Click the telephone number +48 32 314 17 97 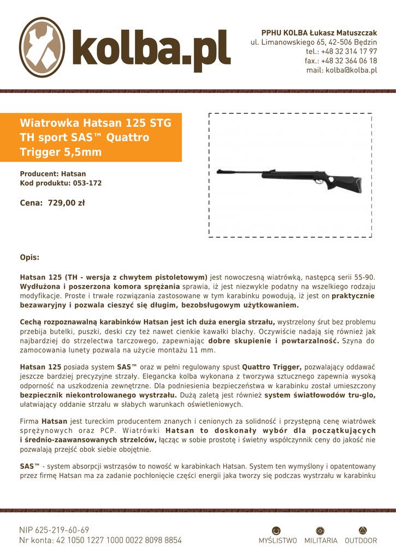click(x=341, y=51)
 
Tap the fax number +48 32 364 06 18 click(x=341, y=61)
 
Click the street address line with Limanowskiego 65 click(x=314, y=42)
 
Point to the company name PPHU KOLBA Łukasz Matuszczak click(x=319, y=33)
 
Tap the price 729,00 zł click(x=66, y=203)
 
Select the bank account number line click(x=100, y=540)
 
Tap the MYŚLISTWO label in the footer click(x=277, y=541)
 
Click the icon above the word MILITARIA click(x=321, y=530)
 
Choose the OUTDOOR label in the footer click(x=360, y=541)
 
